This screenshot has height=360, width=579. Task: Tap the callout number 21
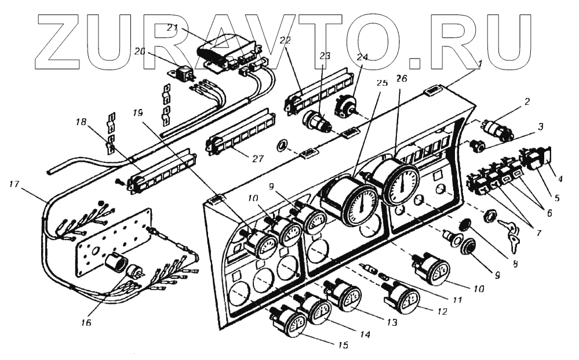(172, 27)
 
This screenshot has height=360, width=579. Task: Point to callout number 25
(381, 83)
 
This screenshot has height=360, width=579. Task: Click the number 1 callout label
(476, 64)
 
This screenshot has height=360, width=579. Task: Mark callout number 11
(458, 300)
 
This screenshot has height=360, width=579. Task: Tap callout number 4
(559, 179)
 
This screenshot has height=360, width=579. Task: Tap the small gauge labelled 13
(349, 295)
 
